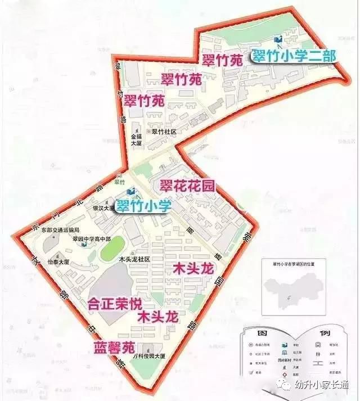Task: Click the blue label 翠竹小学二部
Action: pyautogui.click(x=293, y=56)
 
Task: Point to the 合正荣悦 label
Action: pyautogui.click(x=115, y=304)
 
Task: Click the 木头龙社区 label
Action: pyautogui.click(x=134, y=259)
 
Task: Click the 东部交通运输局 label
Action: pyautogui.click(x=64, y=230)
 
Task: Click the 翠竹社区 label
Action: pyautogui.click(x=165, y=132)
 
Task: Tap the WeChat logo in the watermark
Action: pyautogui.click(x=286, y=385)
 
